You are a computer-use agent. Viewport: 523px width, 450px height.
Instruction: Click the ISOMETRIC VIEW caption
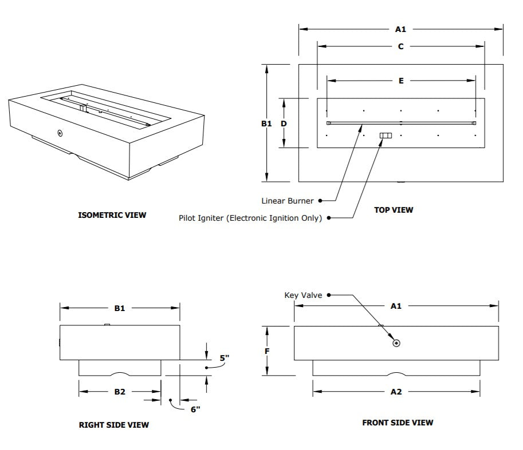[112, 215]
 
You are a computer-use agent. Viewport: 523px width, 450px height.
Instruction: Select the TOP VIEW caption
[394, 210]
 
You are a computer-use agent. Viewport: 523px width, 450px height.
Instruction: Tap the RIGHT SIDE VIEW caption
[113, 425]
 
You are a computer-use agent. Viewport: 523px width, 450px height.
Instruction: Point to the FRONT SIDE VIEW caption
[398, 423]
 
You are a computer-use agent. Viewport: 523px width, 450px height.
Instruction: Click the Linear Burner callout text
[288, 201]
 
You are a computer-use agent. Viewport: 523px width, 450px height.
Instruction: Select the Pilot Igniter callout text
[250, 218]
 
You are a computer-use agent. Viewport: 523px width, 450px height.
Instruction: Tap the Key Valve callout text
[304, 295]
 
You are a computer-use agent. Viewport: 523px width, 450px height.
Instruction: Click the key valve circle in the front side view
[396, 343]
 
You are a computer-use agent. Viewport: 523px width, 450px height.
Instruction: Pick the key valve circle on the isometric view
[60, 133]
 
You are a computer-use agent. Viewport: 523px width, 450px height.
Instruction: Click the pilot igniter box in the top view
[386, 136]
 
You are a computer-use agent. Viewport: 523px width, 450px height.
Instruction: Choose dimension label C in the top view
[400, 46]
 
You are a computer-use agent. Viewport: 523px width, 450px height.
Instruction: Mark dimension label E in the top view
[401, 81]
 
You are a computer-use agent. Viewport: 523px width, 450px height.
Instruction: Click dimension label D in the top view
[283, 124]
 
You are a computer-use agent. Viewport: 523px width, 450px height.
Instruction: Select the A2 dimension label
[396, 392]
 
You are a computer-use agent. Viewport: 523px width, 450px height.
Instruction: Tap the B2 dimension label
[119, 392]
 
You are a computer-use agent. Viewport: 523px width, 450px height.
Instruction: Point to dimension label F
[267, 351]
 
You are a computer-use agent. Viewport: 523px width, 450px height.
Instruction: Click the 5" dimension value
[224, 358]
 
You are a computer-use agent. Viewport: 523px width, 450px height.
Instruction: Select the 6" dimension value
[195, 409]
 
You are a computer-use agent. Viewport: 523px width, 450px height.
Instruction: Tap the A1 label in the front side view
[396, 306]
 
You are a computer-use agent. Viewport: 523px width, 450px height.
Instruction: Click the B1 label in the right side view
[119, 308]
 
